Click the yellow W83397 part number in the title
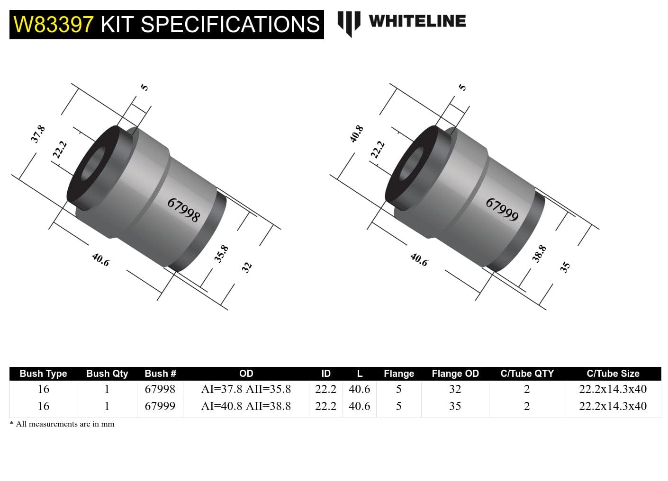point(54,24)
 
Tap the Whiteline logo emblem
point(348,23)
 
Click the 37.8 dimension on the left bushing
point(38,134)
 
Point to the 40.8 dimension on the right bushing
point(356,134)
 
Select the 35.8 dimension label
point(221,254)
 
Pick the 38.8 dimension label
point(539,254)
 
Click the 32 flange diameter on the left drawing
point(246,267)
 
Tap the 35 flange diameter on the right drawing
point(565,267)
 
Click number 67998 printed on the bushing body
point(184,210)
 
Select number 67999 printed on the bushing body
point(502,210)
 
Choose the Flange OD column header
point(455,374)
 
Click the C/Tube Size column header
point(613,374)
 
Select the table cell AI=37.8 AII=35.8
point(246,389)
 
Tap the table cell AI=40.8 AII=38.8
point(246,406)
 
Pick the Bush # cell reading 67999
point(160,406)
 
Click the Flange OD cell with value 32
point(455,389)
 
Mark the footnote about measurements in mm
point(62,424)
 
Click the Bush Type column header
point(43,374)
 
